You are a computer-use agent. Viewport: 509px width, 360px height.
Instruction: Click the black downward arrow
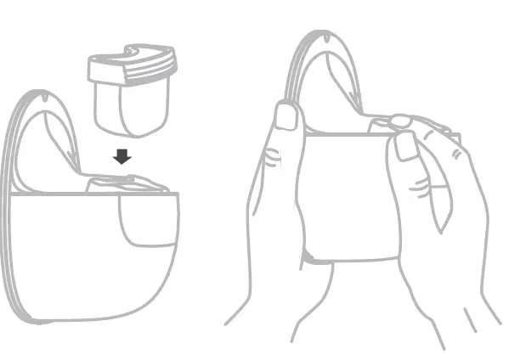pos(122,156)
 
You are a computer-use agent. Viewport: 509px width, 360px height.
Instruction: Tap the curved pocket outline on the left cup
pos(144,225)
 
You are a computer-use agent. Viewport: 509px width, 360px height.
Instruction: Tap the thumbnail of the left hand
pos(287,116)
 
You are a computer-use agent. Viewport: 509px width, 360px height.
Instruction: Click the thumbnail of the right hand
pos(406,145)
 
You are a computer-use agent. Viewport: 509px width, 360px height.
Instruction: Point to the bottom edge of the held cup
pos(353,259)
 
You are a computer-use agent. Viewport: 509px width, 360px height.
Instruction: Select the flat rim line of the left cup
pos(93,194)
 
